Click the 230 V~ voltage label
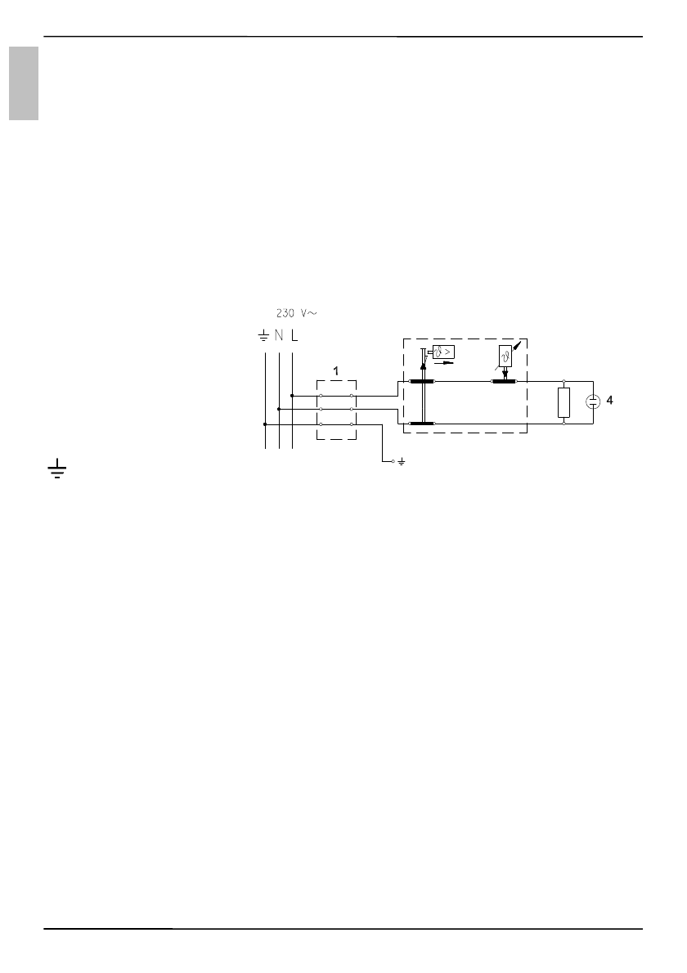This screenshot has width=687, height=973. point(297,313)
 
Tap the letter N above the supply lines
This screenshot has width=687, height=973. point(279,336)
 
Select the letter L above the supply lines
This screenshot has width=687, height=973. point(294,336)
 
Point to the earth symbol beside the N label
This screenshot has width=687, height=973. point(263,336)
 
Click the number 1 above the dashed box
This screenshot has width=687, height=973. point(336,371)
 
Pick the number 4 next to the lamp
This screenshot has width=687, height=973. point(609,401)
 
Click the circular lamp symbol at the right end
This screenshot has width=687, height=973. point(593,401)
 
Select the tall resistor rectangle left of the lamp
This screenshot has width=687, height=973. point(564,402)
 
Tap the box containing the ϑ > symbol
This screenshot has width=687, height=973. point(444,352)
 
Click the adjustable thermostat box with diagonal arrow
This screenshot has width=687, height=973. point(505,355)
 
